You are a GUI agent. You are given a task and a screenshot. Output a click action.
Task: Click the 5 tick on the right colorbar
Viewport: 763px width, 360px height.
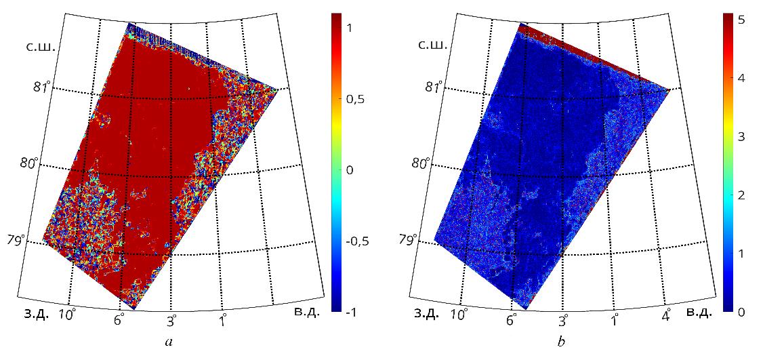coord(741,20)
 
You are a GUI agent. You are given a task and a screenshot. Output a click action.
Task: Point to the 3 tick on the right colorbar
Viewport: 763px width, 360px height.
coord(741,137)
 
